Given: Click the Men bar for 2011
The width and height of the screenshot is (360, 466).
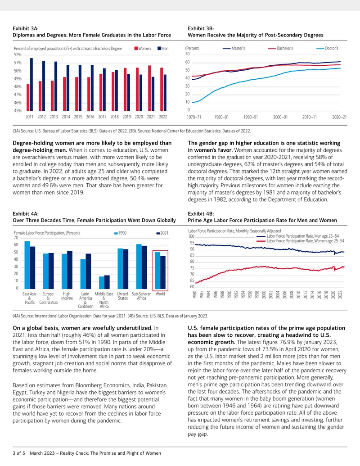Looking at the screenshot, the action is (x=31, y=85).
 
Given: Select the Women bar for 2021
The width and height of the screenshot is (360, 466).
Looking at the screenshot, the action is (x=149, y=88).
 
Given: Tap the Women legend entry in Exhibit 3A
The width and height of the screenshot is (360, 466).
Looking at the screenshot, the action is (x=143, y=49).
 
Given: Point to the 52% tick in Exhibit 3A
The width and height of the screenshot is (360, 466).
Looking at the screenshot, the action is (x=18, y=55).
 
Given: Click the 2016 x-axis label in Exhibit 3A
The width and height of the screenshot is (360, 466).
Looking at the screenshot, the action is (x=90, y=117).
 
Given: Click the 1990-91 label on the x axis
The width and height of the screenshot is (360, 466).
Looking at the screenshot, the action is (x=251, y=117).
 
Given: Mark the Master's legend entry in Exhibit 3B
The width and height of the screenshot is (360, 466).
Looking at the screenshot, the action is (x=234, y=48).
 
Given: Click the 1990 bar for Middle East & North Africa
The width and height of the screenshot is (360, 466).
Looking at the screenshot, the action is (x=102, y=283).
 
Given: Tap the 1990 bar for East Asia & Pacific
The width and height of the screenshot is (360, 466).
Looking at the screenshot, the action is (x=27, y=265).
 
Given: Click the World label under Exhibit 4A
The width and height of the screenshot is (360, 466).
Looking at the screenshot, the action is (x=160, y=294).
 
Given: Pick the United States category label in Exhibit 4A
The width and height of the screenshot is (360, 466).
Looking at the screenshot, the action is (x=122, y=296).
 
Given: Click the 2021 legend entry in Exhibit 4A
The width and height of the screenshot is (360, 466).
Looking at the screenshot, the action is (x=162, y=233).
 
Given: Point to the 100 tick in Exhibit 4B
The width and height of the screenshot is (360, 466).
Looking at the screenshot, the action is (x=191, y=236).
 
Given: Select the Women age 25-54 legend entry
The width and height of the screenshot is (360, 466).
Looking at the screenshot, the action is (x=300, y=241).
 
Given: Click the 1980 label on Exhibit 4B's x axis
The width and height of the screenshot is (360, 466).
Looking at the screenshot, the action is (x=195, y=295).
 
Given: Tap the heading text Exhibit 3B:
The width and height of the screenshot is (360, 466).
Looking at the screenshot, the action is (x=201, y=28).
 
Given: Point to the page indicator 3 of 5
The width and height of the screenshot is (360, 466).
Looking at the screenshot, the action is (x=19, y=453).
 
